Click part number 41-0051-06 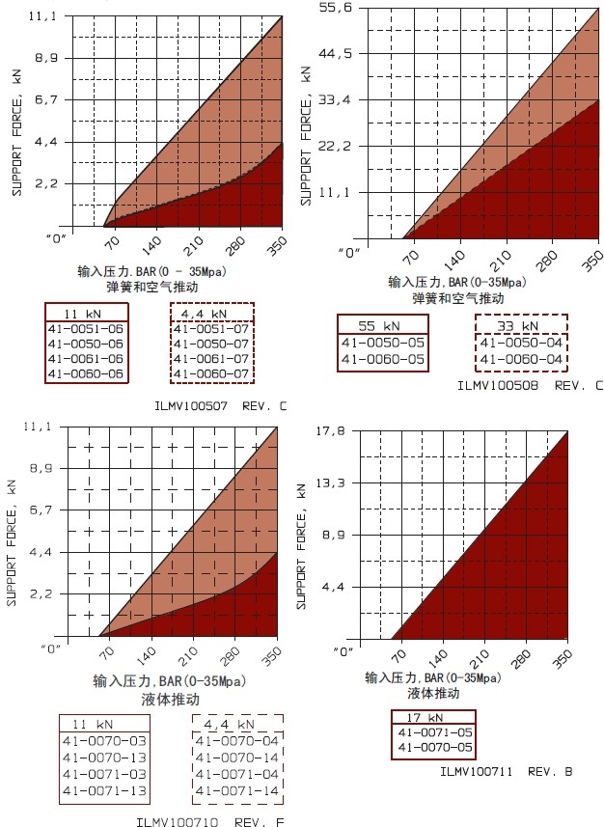tap(86, 329)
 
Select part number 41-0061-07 tap(211, 358)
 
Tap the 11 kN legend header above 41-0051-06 tap(85, 315)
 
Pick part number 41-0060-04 tap(521, 359)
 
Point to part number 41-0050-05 tap(384, 343)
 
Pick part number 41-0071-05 tap(435, 732)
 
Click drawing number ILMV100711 tap(477, 771)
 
